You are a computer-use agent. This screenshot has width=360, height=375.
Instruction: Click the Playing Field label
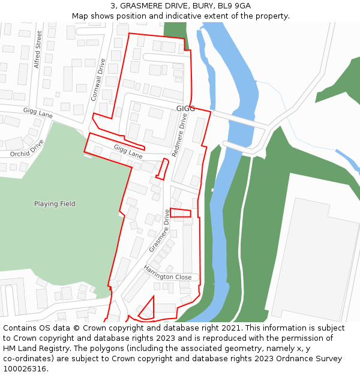(55, 204)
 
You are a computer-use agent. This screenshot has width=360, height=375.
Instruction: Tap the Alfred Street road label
(38, 49)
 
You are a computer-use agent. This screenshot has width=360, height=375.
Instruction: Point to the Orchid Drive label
(27, 149)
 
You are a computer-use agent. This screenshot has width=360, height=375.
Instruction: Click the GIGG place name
(185, 109)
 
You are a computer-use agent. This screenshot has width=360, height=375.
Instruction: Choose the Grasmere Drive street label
(159, 230)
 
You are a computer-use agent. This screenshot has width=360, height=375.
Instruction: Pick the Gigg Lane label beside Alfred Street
(38, 113)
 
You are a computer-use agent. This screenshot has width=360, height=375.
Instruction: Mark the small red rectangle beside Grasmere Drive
(181, 212)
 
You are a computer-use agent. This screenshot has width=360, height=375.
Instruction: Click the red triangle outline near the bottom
(148, 310)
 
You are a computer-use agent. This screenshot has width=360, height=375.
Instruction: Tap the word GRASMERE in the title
(141, 6)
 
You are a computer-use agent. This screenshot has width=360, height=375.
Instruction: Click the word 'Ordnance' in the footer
(289, 359)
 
